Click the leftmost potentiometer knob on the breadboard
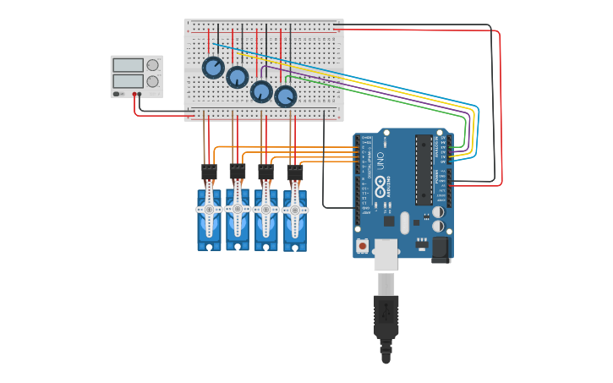coord(213,68)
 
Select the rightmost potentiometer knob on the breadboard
coord(286,96)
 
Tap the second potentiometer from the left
coord(238,77)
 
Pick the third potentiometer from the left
coord(262,90)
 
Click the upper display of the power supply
coord(128,65)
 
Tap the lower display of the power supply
coord(128,81)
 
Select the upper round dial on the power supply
coord(152,65)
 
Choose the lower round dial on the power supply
coord(152,81)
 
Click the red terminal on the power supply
coord(134,95)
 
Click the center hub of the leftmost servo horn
coord(209,209)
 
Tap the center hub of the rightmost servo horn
coord(295,209)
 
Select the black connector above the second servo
coord(238,172)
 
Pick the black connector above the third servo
coord(266,172)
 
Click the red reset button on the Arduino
coord(363,245)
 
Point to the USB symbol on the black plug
coord(386,311)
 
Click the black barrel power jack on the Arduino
coord(441,249)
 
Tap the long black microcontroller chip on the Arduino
coord(424,169)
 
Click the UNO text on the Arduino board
coord(380,158)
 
